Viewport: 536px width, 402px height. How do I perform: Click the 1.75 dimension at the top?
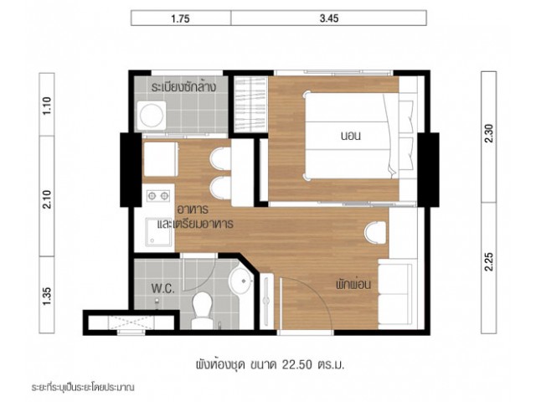coord(180,18)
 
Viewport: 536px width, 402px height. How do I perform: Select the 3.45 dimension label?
coord(329,18)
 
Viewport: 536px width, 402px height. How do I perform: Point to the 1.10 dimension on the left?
coord(47,106)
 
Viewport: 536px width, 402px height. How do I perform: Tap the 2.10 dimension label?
coord(47,199)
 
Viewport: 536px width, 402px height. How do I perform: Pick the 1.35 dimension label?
coord(47,296)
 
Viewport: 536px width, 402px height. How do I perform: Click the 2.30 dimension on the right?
coord(489,133)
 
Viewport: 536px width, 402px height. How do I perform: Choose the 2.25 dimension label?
coord(489,261)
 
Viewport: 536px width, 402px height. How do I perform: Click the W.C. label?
coord(163,289)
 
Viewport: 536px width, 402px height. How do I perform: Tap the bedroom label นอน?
coord(350,136)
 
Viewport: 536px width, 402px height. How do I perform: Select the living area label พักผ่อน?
coord(353,285)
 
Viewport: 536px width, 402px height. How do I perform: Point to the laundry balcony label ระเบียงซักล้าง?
coord(183,87)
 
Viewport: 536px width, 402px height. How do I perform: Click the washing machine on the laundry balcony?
coord(152,116)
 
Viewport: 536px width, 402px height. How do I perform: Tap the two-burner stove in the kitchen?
coord(158,196)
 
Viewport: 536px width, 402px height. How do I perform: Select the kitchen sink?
coord(158,232)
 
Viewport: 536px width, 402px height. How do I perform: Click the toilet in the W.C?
coord(202,310)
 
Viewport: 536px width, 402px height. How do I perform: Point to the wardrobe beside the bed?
coord(250,105)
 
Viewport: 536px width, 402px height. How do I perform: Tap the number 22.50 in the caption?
coord(297,365)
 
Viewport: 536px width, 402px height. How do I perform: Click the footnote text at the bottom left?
coord(83,388)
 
